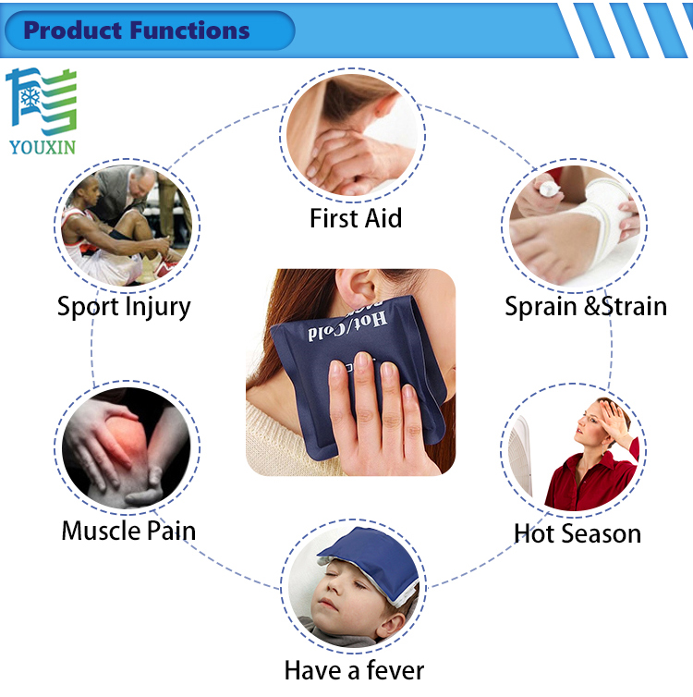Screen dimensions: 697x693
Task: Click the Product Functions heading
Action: [137, 31]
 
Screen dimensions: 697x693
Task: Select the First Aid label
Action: [356, 219]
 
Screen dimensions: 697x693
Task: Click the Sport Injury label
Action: [124, 306]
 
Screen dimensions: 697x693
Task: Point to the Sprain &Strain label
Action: [586, 306]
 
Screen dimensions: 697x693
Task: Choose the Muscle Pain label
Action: [128, 531]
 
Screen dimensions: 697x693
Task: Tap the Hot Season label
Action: [577, 533]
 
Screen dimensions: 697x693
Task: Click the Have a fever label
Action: [354, 669]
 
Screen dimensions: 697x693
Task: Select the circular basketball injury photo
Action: [126, 226]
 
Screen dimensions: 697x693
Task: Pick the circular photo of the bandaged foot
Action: [573, 226]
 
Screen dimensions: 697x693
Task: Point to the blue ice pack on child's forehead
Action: [365, 555]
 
